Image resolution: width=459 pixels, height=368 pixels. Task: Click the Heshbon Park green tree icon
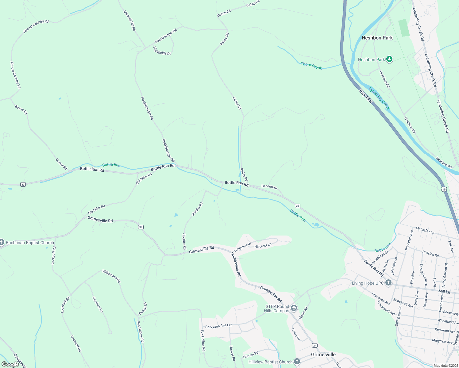(x=389, y=59)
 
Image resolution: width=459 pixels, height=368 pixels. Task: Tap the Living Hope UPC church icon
(x=388, y=283)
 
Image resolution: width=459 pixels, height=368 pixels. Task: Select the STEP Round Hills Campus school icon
(x=294, y=308)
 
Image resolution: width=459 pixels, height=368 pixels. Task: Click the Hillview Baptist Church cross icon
(x=297, y=362)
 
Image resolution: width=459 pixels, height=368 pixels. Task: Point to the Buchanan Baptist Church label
(x=30, y=243)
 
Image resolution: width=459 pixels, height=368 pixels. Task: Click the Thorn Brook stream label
(x=311, y=66)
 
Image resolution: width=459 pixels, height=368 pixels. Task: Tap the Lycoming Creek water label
(x=379, y=98)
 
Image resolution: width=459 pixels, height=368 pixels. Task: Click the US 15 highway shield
(x=444, y=189)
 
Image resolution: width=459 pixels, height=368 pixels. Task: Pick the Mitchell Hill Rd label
(x=129, y=21)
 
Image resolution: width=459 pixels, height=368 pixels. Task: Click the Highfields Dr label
(x=162, y=51)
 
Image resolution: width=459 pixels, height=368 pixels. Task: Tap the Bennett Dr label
(x=269, y=187)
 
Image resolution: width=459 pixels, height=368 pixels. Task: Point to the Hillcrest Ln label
(x=263, y=245)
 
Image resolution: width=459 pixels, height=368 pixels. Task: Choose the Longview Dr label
(x=242, y=247)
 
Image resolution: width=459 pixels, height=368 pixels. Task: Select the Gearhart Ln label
(x=98, y=304)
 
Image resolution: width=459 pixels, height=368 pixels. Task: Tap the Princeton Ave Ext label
(x=218, y=326)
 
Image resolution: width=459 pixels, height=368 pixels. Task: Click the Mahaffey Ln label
(x=425, y=230)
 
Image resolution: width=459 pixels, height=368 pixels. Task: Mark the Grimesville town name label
(x=323, y=355)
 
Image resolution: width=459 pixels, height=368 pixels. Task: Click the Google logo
(x=10, y=364)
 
